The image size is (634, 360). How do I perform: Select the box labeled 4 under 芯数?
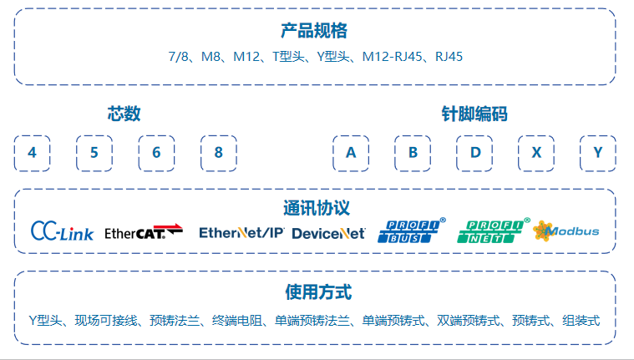[x=33, y=153]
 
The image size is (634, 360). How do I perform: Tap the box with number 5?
[x=94, y=153]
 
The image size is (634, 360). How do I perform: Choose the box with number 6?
[x=156, y=153]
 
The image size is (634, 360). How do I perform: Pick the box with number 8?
[x=218, y=153]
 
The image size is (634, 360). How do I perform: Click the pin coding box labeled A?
[x=351, y=153]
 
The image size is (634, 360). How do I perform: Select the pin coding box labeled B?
[x=413, y=153]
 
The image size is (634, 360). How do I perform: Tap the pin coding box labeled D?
[x=474, y=153]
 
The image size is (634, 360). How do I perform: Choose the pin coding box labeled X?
[x=536, y=153]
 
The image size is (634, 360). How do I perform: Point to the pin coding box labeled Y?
[x=598, y=153]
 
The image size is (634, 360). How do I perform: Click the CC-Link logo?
[x=62, y=231]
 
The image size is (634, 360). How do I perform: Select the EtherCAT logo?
[x=143, y=232]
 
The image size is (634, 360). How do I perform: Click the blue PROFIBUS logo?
[x=412, y=231]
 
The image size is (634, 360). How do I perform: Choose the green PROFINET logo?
[x=493, y=231]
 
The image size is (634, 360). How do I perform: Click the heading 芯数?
[x=124, y=114]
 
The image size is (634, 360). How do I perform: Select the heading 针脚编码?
[x=474, y=114]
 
